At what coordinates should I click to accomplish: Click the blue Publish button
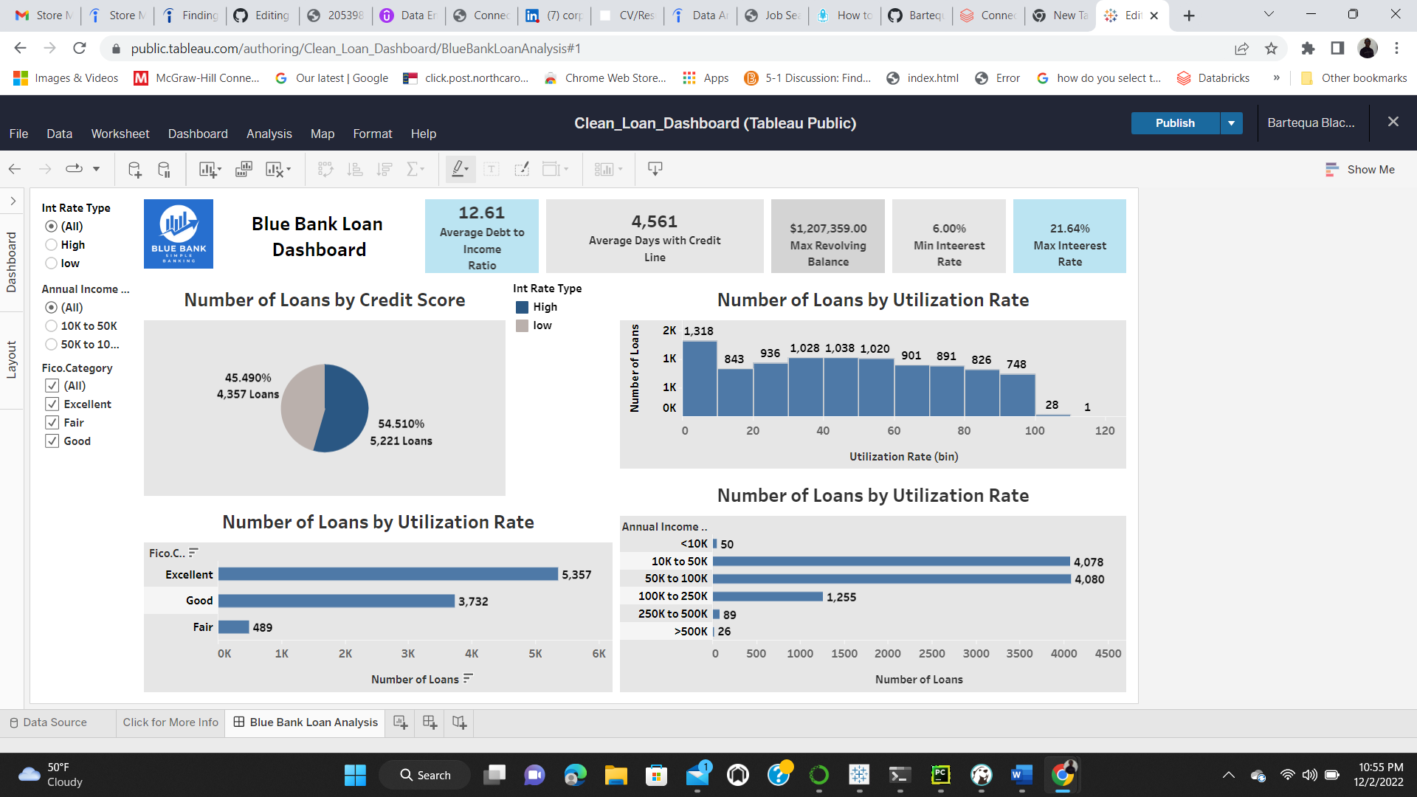click(1174, 123)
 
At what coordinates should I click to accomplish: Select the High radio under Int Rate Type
click(51, 245)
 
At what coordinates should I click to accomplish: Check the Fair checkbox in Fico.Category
click(52, 423)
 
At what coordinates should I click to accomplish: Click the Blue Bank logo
click(179, 234)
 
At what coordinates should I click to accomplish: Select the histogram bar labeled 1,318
click(700, 376)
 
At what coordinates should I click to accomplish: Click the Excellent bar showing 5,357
click(387, 574)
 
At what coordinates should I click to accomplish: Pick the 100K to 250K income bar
click(768, 596)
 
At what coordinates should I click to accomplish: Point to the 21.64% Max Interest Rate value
click(1069, 229)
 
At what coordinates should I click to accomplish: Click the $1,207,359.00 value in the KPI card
click(828, 229)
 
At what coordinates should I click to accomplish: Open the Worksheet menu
click(120, 134)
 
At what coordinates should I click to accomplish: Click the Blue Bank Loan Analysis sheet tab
click(313, 722)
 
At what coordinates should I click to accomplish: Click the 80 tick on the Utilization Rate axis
click(964, 431)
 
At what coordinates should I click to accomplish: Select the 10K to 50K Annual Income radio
click(51, 326)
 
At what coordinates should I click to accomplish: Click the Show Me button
click(1360, 170)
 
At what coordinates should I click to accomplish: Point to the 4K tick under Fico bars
click(472, 654)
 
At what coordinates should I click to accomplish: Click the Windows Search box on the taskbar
click(426, 775)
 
